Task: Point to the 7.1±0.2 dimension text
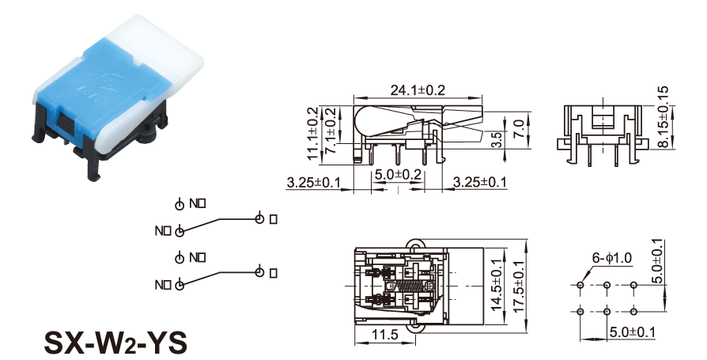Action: (331, 131)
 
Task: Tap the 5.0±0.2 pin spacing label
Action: (398, 173)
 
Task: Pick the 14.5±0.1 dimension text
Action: (497, 286)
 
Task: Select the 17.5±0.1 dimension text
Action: (519, 286)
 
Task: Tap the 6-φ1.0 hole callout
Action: (611, 258)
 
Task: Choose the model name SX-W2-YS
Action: (115, 342)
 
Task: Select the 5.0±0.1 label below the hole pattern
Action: (633, 333)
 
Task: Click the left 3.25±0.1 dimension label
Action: (313, 184)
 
